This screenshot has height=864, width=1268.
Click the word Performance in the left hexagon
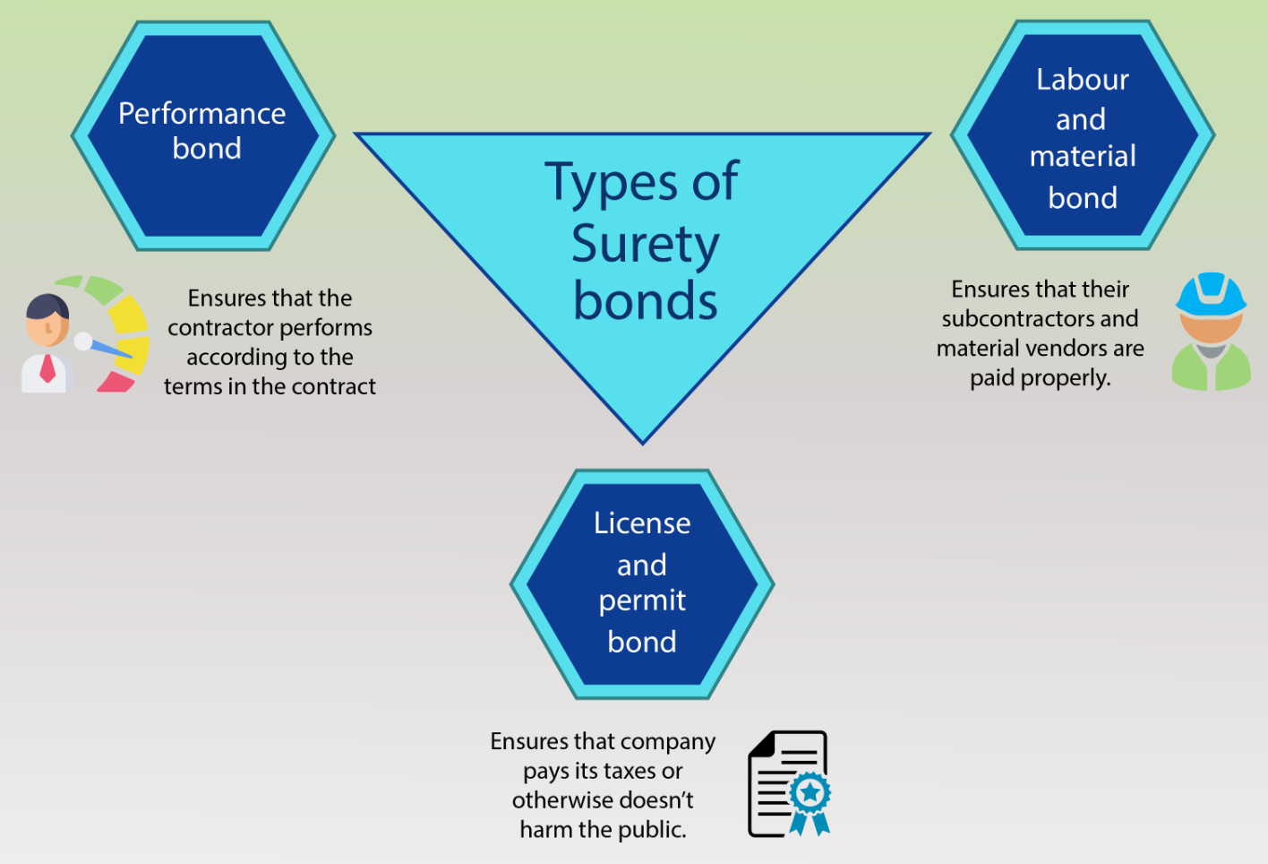pyautogui.click(x=202, y=113)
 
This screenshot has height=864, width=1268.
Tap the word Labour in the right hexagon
pyautogui.click(x=1083, y=79)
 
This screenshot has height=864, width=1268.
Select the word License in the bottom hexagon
pyautogui.click(x=642, y=523)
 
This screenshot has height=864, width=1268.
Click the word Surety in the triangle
pyautogui.click(x=645, y=245)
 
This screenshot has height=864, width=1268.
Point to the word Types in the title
pyautogui.click(x=610, y=183)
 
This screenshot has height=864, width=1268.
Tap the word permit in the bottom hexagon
pyautogui.click(x=642, y=601)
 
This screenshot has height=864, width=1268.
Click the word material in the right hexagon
pyautogui.click(x=1083, y=156)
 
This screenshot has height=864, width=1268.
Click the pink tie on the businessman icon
pyautogui.click(x=47, y=368)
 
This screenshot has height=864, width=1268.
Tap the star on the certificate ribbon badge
pyautogui.click(x=810, y=791)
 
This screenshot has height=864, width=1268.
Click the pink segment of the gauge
pyautogui.click(x=116, y=382)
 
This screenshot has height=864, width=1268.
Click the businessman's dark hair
pyautogui.click(x=47, y=307)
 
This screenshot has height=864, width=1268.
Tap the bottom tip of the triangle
pyautogui.click(x=642, y=445)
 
